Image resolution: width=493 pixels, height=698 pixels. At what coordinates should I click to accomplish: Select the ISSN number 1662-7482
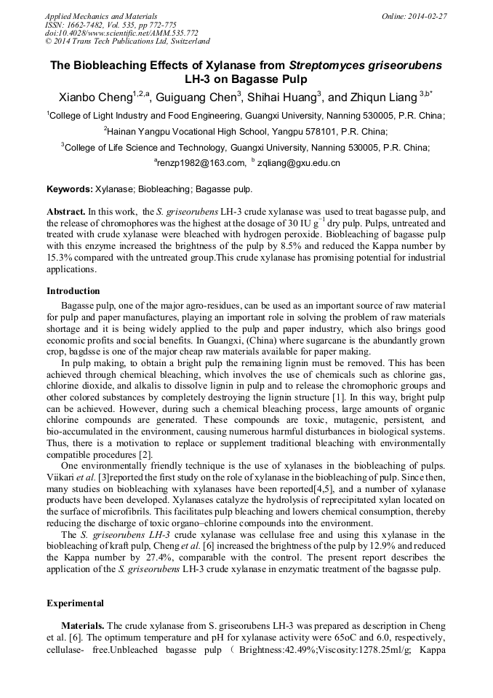tap(87, 24)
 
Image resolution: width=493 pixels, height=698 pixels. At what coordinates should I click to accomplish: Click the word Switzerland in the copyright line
tap(185, 41)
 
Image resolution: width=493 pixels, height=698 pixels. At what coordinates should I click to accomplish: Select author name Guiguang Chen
tap(196, 98)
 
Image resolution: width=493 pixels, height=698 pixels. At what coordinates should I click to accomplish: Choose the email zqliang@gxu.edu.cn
tap(299, 163)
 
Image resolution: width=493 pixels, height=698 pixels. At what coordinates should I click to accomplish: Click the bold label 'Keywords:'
tap(70, 189)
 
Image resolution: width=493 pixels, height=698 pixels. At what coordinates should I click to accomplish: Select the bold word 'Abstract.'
tap(66, 211)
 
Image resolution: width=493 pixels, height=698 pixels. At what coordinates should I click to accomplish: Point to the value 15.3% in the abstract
tap(60, 257)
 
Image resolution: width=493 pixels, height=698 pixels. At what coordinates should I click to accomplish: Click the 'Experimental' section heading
tap(75, 603)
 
